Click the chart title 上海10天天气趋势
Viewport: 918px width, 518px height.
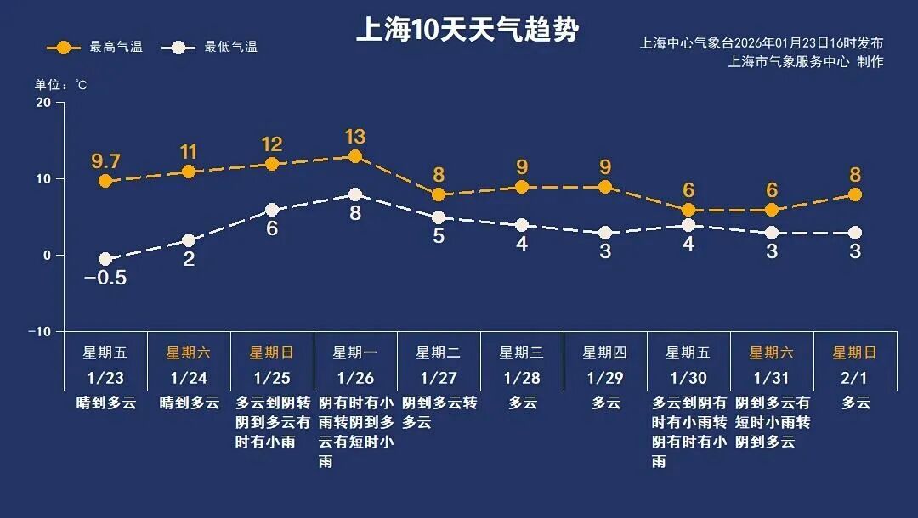point(467,31)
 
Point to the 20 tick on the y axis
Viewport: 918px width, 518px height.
point(42,103)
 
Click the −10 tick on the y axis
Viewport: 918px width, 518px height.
point(39,331)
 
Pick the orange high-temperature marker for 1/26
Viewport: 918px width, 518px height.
point(355,156)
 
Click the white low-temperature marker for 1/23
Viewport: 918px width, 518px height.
point(105,259)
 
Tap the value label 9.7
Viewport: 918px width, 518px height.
point(105,160)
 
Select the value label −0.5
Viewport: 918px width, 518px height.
point(105,279)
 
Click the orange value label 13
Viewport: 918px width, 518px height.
point(355,136)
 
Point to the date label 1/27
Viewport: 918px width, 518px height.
point(439,377)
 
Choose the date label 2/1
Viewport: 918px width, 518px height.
point(855,377)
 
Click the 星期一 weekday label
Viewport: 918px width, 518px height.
point(355,352)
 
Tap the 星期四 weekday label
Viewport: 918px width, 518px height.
point(605,352)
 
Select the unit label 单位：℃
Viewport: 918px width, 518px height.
point(60,85)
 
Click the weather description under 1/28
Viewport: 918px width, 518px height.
point(522,403)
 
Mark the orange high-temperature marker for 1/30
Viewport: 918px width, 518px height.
point(688,210)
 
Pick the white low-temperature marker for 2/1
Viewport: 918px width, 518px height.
point(855,233)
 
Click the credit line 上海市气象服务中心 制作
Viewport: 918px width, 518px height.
point(805,61)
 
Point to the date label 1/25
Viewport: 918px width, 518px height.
point(272,377)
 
